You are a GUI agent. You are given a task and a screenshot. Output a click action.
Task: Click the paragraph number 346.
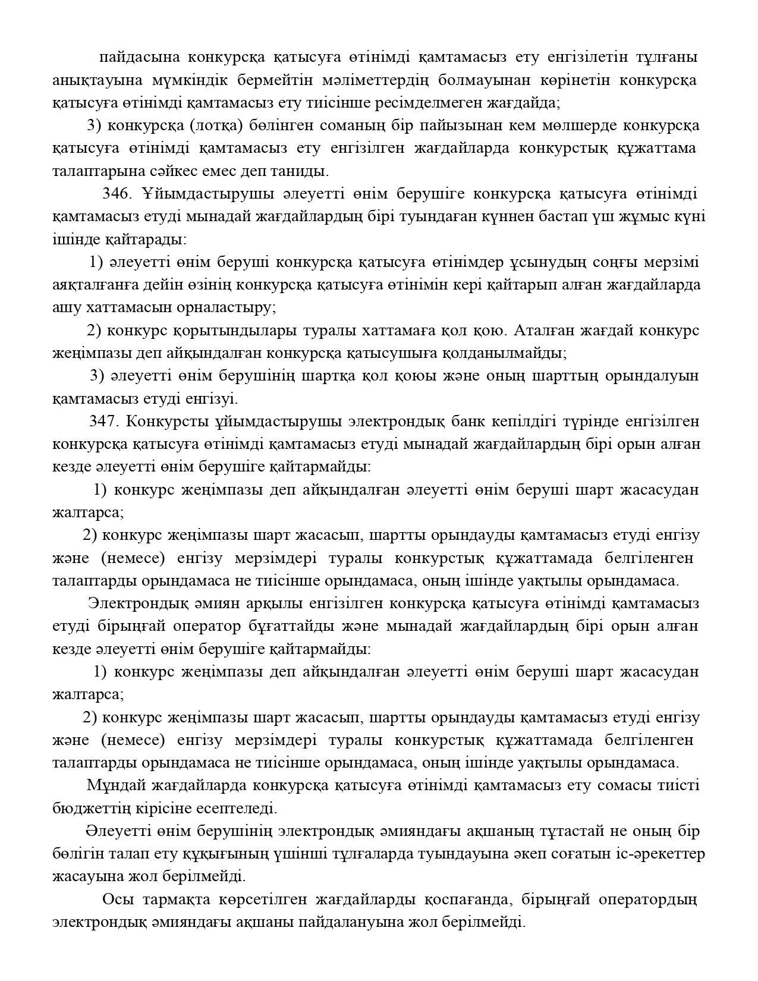click(x=116, y=194)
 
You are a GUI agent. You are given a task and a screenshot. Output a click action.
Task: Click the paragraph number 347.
click(x=104, y=422)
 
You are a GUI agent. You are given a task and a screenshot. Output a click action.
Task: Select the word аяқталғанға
click(x=95, y=285)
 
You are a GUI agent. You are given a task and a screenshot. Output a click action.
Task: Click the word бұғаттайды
click(x=288, y=627)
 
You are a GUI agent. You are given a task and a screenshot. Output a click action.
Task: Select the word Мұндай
click(x=116, y=785)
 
